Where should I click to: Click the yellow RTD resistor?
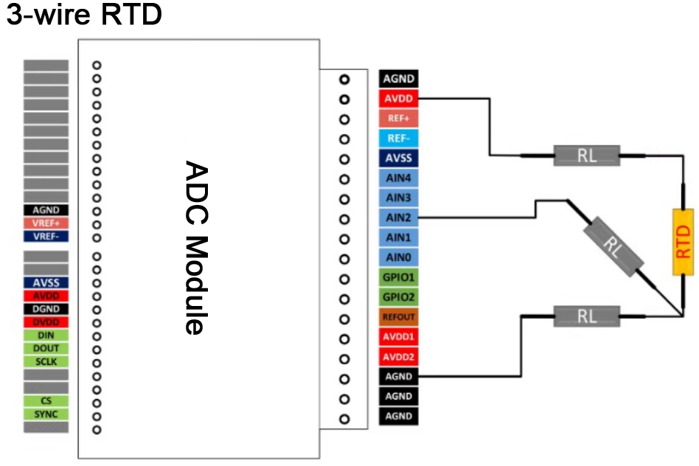[x=684, y=242]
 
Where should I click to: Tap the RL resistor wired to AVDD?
[x=587, y=156]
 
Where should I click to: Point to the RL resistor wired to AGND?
[x=587, y=316]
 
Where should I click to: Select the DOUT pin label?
[x=46, y=348]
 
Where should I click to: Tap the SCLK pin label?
[x=46, y=361]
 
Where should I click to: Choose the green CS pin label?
[x=46, y=401]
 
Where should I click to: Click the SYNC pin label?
[x=46, y=414]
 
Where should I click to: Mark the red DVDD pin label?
[x=46, y=321]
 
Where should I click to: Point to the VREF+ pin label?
[x=46, y=223]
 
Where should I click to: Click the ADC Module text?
[x=193, y=247]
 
